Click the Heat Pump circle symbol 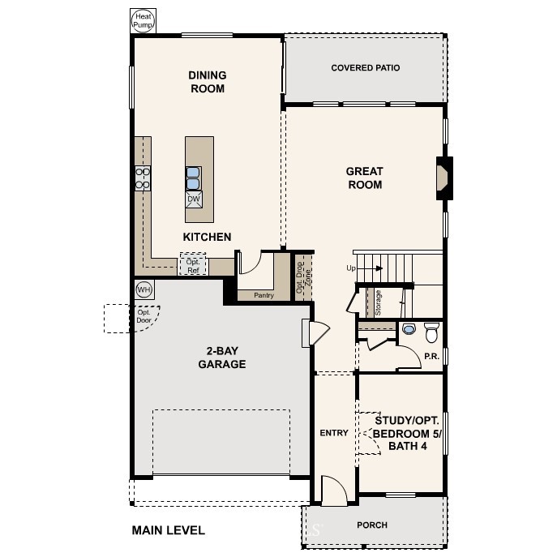coord(144,20)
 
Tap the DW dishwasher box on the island coord(194,199)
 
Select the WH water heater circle coord(144,289)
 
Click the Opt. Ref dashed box coord(193,264)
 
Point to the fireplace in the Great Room coord(444,178)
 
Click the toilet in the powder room coord(431,332)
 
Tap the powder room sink coord(409,328)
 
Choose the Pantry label coord(264,295)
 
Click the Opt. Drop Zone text coord(303,277)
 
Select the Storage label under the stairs coord(378,302)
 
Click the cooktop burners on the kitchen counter coord(143,178)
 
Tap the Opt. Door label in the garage coord(144,316)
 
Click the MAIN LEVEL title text coord(169,530)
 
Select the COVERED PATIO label coord(366,68)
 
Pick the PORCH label coord(372,525)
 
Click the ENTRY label coord(334,433)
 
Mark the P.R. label coord(432,356)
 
